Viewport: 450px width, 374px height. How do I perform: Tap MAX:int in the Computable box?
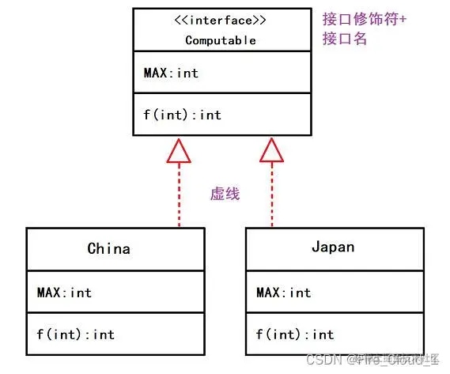click(x=171, y=74)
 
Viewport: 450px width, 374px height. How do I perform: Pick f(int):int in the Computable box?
click(x=182, y=115)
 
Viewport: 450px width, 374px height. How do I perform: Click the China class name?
click(x=108, y=248)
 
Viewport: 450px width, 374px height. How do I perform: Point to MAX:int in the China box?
click(x=64, y=293)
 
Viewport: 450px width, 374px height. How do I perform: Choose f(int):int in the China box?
click(x=75, y=334)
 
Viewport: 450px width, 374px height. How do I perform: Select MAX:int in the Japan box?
click(x=283, y=293)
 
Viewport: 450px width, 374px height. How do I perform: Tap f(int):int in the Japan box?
click(x=294, y=334)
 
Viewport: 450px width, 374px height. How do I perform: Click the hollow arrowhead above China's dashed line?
click(x=180, y=151)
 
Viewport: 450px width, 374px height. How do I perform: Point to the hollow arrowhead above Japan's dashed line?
click(x=271, y=151)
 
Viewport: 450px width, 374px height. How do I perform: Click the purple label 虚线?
click(x=225, y=193)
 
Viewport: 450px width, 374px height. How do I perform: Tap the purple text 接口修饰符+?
click(x=365, y=19)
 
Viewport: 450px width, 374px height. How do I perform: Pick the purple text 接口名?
click(x=345, y=38)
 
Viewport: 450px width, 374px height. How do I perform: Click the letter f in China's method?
click(x=40, y=334)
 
